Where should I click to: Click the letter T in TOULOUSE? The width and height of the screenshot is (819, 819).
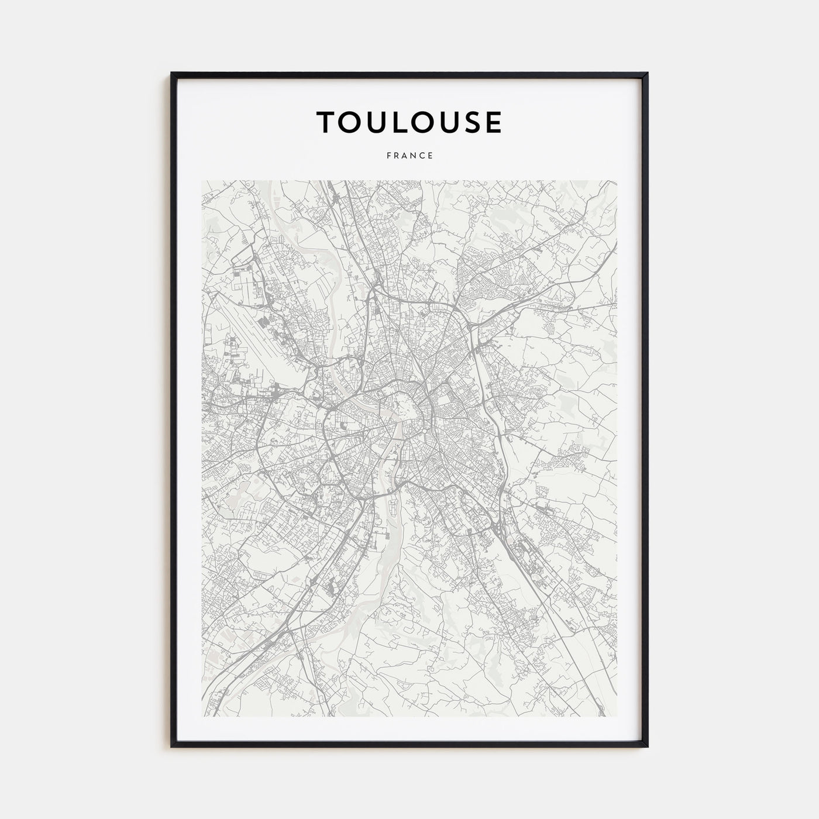pyautogui.click(x=328, y=122)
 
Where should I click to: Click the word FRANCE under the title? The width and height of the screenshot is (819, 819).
pyautogui.click(x=409, y=156)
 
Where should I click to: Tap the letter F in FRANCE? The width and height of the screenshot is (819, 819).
pyautogui.click(x=388, y=156)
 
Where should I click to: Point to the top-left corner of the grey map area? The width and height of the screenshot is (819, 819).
pyautogui.click(x=202, y=181)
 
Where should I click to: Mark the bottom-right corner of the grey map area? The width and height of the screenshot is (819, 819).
pyautogui.click(x=617, y=717)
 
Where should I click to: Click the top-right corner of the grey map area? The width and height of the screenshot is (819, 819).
pyautogui.click(x=617, y=181)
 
